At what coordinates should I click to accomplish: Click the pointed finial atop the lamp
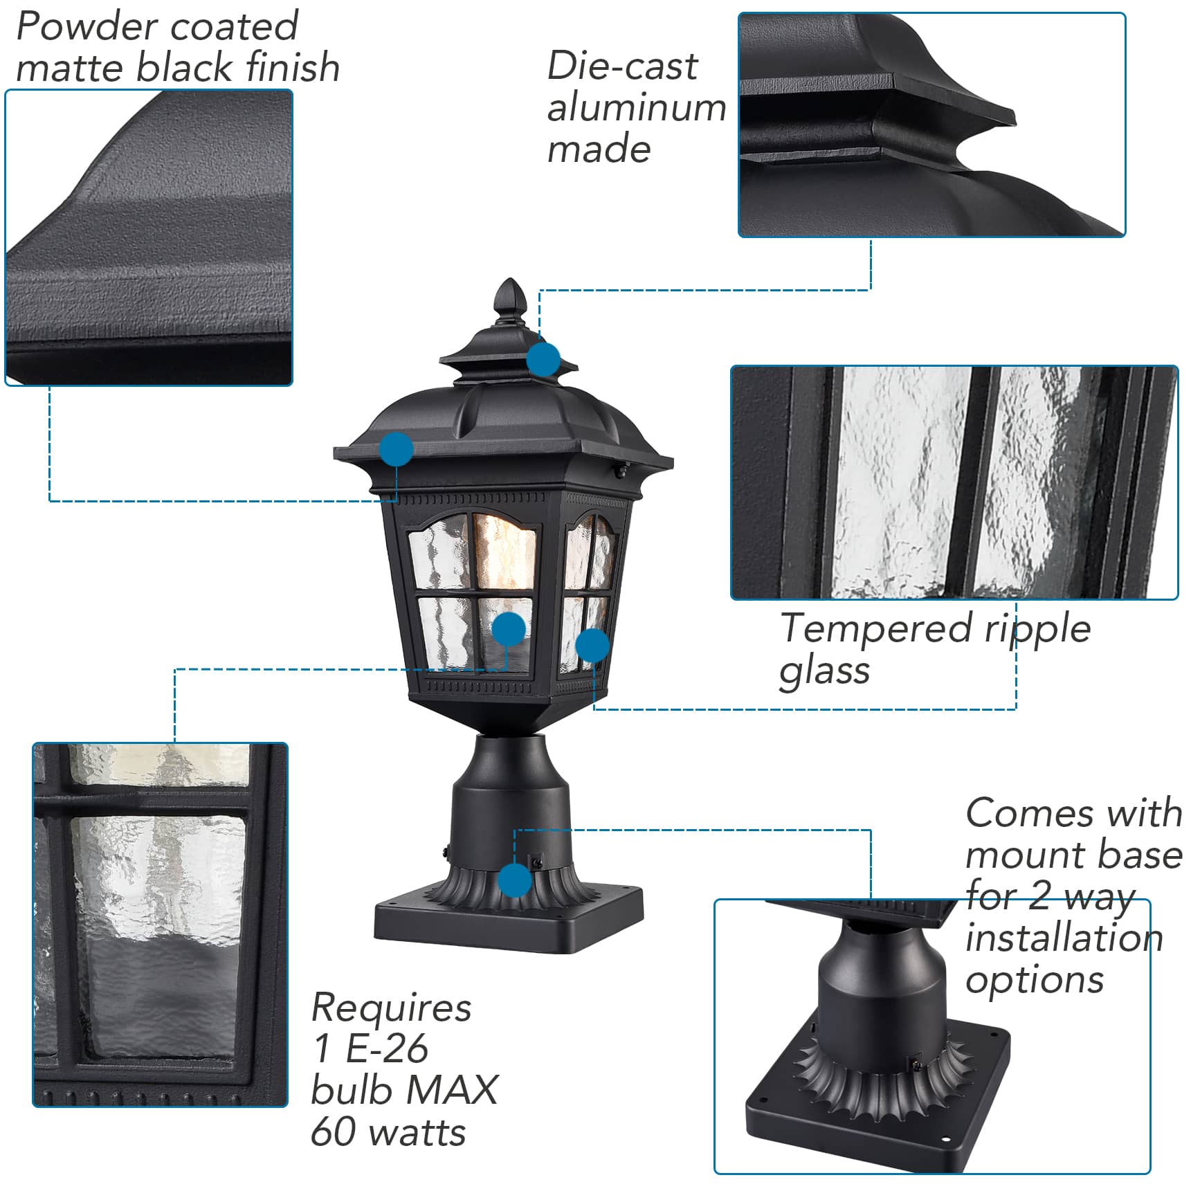pyautogui.click(x=511, y=298)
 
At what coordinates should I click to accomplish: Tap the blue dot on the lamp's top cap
pyautogui.click(x=543, y=359)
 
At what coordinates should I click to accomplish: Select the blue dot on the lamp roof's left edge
pyautogui.click(x=397, y=448)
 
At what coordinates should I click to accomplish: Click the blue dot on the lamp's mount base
pyautogui.click(x=515, y=880)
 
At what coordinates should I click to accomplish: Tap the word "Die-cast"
pyautogui.click(x=622, y=66)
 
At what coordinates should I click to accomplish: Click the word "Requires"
pyautogui.click(x=392, y=1008)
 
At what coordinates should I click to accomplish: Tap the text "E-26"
pyautogui.click(x=386, y=1048)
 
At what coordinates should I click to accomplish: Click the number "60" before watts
pyautogui.click(x=335, y=1131)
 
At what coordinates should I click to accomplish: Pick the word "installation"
pyautogui.click(x=1064, y=938)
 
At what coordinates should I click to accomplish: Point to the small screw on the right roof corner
pyautogui.click(x=622, y=471)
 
